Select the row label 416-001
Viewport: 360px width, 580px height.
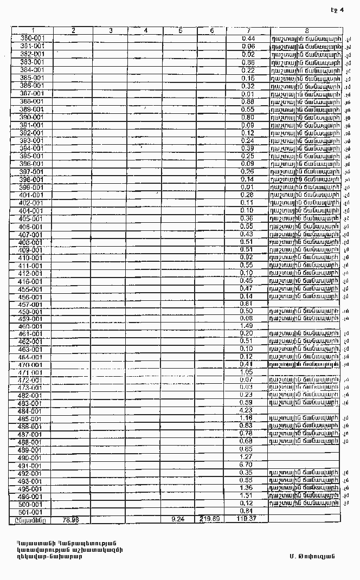pos(30,281)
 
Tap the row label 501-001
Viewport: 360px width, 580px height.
pos(30,512)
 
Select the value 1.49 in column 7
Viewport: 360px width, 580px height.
pos(246,326)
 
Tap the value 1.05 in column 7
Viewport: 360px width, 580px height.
pos(246,372)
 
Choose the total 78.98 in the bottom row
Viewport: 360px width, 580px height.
pos(71,519)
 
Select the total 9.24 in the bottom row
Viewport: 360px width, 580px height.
pos(178,519)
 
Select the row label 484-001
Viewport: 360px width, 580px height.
pos(30,411)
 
